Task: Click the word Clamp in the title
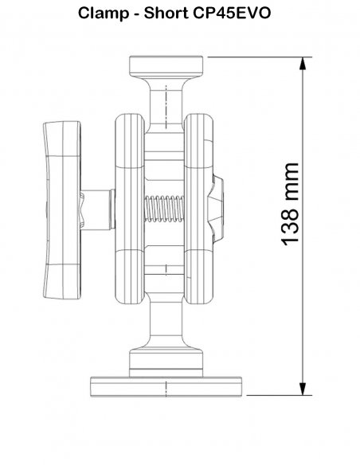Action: point(104,14)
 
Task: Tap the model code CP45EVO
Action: point(232,13)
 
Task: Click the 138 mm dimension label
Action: point(289,204)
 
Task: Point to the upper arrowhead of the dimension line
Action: point(302,63)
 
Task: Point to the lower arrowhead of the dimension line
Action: point(302,389)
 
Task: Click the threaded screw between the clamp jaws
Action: point(164,209)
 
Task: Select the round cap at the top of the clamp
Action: point(166,66)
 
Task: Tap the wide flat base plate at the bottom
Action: point(166,387)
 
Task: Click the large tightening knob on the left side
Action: point(62,210)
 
